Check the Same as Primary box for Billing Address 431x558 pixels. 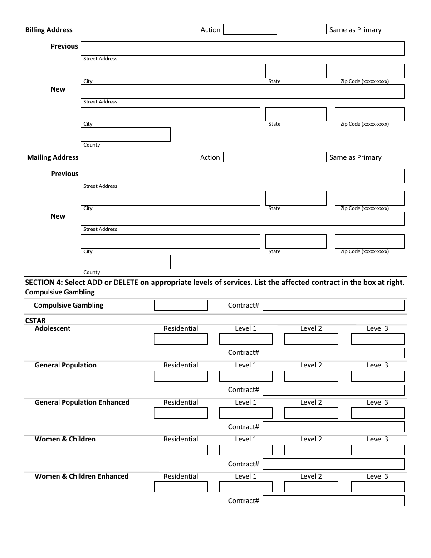[x=321, y=29]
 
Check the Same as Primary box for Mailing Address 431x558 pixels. [x=321, y=157]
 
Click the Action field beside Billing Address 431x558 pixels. [x=250, y=29]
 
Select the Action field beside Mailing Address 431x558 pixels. [x=250, y=157]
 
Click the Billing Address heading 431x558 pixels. [x=49, y=30]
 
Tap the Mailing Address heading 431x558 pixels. [x=53, y=157]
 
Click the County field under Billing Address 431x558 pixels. [x=126, y=135]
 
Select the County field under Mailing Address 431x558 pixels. [x=126, y=262]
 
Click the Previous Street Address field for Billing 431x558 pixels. [x=242, y=49]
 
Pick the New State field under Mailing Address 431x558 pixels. [x=296, y=241]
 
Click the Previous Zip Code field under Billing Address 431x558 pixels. [x=369, y=71]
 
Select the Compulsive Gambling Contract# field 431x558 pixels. [x=333, y=305]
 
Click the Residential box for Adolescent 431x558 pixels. [x=181, y=339]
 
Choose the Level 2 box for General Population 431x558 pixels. [x=311, y=376]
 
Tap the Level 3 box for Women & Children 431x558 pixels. [x=377, y=450]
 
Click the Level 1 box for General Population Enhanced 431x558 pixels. [x=246, y=413]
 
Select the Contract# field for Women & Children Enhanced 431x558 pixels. [x=333, y=501]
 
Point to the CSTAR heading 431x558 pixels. [x=35, y=321]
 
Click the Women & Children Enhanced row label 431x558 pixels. [x=82, y=476]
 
